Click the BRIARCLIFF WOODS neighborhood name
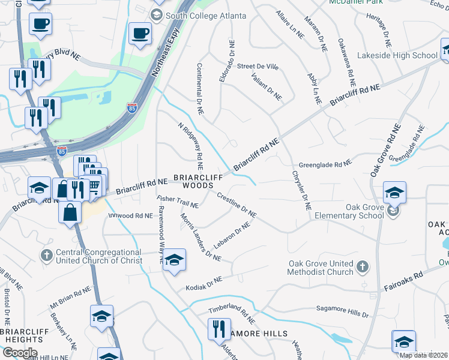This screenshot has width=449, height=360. pyautogui.click(x=193, y=182)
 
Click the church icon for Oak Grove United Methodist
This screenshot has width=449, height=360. pyautogui.click(x=362, y=266)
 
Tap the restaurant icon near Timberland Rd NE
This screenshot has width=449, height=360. pyautogui.click(x=217, y=328)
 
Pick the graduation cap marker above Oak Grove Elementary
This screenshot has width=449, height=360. pyautogui.click(x=394, y=193)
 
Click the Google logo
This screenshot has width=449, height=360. pyautogui.click(x=19, y=353)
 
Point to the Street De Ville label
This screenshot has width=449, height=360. pyautogui.click(x=258, y=66)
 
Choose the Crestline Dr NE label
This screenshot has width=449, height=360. pyautogui.click(x=237, y=205)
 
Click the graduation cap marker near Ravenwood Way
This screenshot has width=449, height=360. pyautogui.click(x=174, y=259)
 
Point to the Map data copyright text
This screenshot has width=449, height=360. pyautogui.click(x=424, y=355)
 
